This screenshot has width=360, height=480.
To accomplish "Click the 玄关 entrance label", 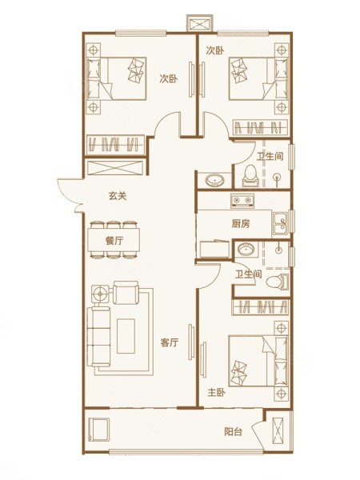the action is pyautogui.click(x=118, y=196).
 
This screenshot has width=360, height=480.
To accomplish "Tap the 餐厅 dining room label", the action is pyautogui.click(x=114, y=241).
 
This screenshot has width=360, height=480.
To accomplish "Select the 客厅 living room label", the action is pyautogui.click(x=170, y=342).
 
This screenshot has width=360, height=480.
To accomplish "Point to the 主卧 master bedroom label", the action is pyautogui.click(x=217, y=393).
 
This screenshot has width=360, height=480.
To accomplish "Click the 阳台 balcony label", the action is pyautogui.click(x=234, y=432).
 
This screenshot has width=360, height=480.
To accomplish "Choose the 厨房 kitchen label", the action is pyautogui.click(x=241, y=224).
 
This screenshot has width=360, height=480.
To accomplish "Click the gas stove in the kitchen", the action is pyautogui.click(x=242, y=201).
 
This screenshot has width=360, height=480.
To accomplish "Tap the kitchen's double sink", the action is pyautogui.click(x=281, y=223).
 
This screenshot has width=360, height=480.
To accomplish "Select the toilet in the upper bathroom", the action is pyautogui.click(x=250, y=176).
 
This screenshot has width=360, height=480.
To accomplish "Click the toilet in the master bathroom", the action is pyautogui.click(x=278, y=282).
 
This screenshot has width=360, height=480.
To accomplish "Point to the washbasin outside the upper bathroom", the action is pyautogui.click(x=214, y=180).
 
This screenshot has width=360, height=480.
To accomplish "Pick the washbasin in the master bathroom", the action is pyautogui.click(x=246, y=249).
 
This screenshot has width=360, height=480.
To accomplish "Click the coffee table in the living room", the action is pyautogui.click(x=126, y=336).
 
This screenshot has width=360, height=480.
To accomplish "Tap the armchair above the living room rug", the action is pyautogui.click(x=126, y=293).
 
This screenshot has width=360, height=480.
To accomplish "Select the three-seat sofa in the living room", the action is pyautogui.click(x=98, y=337).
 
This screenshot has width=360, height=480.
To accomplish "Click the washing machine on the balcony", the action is pyautogui.click(x=98, y=430).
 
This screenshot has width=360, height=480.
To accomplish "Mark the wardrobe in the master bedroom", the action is pyautogui.click(x=261, y=306).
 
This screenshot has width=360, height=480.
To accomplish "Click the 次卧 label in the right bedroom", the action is pyautogui.click(x=215, y=51).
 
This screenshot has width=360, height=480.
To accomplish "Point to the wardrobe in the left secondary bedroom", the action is pyautogui.click(x=116, y=144).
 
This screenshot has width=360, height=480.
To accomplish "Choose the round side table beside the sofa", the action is pyautogui.click(x=100, y=294).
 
